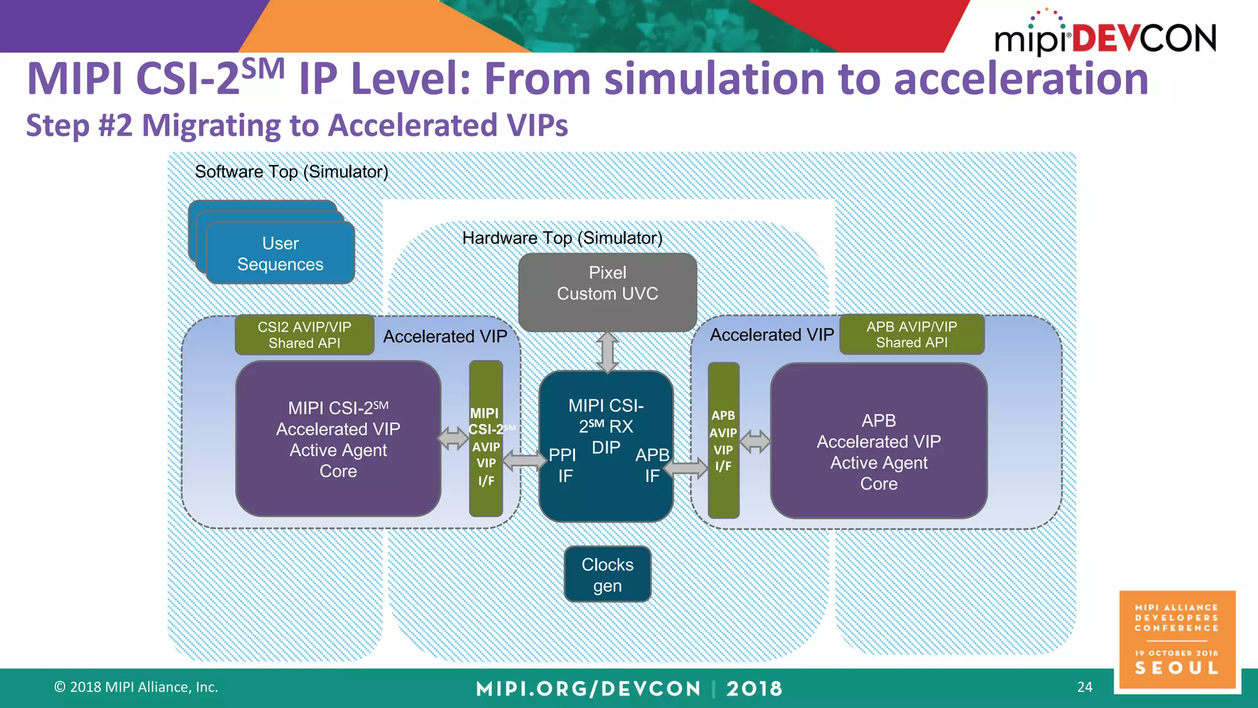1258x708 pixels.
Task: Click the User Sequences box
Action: click(280, 253)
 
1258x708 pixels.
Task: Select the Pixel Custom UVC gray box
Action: click(607, 292)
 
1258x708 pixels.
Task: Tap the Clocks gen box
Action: click(607, 574)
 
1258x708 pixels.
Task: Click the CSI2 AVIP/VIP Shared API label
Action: click(304, 335)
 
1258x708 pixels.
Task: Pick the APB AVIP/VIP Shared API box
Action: click(912, 334)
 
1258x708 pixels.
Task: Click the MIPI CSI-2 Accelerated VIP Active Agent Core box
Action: click(338, 439)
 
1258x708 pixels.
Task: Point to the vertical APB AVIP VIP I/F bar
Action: click(723, 440)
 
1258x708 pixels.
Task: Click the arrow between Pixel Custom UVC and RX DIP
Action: click(607, 352)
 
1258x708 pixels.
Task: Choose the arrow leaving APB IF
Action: click(686, 468)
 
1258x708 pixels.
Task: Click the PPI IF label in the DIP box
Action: click(563, 465)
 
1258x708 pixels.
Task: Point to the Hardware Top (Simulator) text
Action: click(562, 238)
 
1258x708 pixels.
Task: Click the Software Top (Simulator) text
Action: click(291, 171)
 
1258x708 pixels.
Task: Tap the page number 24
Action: click(1084, 686)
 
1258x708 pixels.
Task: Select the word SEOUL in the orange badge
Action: click(1176, 668)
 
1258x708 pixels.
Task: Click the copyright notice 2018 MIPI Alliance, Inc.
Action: click(136, 687)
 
